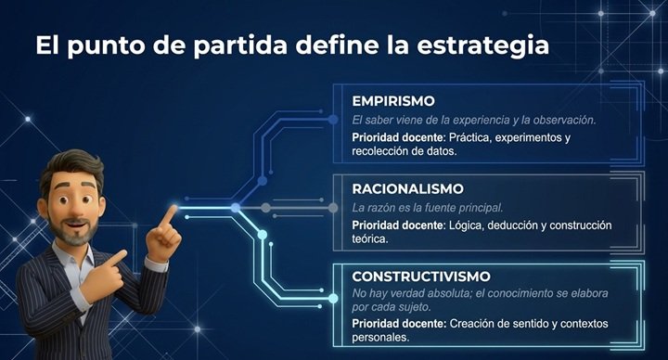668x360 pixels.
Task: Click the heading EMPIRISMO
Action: [393, 101]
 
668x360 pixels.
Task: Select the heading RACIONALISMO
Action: [407, 188]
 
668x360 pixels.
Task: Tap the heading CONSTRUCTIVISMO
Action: [421, 276]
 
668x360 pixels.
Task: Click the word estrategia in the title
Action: [483, 46]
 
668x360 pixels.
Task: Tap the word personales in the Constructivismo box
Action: [380, 338]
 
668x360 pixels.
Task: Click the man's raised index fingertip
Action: [174, 208]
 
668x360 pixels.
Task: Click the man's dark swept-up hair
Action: [73, 165]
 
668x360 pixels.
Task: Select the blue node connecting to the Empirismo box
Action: [333, 120]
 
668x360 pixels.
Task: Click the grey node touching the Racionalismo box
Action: [333, 208]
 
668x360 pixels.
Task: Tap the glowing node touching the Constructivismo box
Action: [333, 299]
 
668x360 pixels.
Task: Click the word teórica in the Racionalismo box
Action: [370, 239]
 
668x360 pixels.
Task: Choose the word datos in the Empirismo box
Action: [443, 151]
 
